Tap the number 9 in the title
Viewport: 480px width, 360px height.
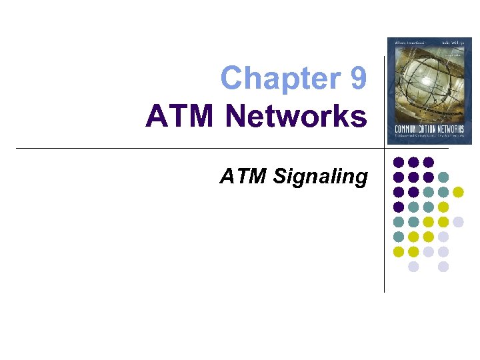pyautogui.click(x=357, y=79)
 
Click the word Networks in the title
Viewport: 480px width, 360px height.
pyautogui.click(x=296, y=117)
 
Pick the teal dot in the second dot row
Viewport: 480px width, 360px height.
pyautogui.click(x=443, y=177)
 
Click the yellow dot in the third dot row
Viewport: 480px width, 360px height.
pyautogui.click(x=458, y=192)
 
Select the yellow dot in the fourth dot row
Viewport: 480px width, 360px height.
pyautogui.click(x=443, y=207)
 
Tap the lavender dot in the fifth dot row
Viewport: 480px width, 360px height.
pyautogui.click(x=458, y=221)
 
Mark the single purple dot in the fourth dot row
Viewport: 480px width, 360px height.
pyautogui.click(x=399, y=207)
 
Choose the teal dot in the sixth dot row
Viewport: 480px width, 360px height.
pyautogui.click(x=399, y=237)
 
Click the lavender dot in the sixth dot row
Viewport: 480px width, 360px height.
pyautogui.click(x=443, y=237)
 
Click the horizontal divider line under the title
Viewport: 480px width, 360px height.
pyautogui.click(x=200, y=148)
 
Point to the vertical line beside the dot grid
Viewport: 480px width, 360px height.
pyautogui.click(x=385, y=220)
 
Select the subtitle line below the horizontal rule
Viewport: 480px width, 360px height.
pyautogui.click(x=294, y=177)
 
